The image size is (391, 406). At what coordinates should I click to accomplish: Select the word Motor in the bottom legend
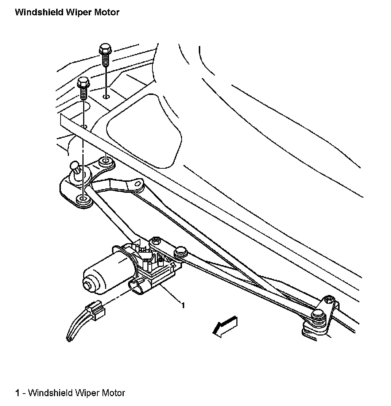113,393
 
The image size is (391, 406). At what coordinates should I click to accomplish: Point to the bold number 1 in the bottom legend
17,393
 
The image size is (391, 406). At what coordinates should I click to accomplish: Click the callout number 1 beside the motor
183,305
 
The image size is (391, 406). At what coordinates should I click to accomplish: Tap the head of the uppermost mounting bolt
105,49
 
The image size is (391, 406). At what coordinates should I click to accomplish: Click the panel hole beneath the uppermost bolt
106,97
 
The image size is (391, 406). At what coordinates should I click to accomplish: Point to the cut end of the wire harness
68,339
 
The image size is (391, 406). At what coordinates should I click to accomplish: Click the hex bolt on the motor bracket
156,241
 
